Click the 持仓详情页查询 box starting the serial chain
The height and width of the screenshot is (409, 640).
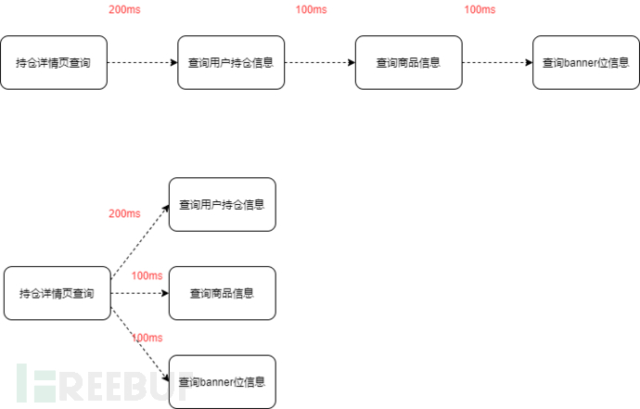tap(54, 62)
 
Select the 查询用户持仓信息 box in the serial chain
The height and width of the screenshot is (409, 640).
tap(231, 62)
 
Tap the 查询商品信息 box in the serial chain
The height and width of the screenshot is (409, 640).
tap(408, 62)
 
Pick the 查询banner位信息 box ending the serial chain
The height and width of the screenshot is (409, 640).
tap(586, 62)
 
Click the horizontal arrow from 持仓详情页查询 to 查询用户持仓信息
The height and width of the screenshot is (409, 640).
tap(143, 62)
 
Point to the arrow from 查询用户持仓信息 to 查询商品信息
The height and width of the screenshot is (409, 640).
tap(320, 62)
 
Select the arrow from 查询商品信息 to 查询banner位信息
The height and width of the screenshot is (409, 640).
tap(497, 62)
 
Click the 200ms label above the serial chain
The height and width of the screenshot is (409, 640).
tap(124, 9)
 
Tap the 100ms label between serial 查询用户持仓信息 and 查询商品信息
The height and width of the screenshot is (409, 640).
tap(311, 9)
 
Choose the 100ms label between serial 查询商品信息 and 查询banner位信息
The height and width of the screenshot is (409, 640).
tap(480, 9)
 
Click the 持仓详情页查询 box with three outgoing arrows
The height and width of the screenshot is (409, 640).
tap(58, 293)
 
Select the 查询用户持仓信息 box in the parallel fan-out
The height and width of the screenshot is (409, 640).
tap(223, 204)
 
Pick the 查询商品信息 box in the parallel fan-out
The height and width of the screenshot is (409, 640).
tap(223, 293)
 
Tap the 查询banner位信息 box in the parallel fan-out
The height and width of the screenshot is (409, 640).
tap(223, 382)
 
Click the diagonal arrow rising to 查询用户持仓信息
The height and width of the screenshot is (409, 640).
tap(140, 242)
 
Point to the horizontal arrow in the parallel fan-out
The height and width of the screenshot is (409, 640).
tap(140, 293)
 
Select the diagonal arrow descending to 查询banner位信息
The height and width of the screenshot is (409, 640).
tap(140, 344)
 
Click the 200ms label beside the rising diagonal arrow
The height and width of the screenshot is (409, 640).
tap(124, 213)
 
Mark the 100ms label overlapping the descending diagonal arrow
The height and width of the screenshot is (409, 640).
tap(147, 338)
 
